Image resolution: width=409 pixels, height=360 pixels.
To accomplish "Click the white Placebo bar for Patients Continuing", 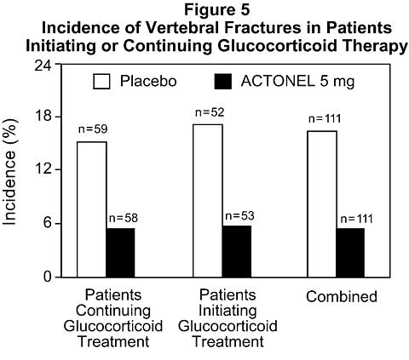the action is coord(92,209).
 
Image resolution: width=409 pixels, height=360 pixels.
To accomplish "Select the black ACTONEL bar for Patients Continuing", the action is coord(120,253).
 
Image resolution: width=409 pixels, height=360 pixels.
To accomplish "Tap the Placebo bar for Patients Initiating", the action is coord(208,201).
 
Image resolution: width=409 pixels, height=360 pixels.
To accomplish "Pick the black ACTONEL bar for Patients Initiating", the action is coord(237,252).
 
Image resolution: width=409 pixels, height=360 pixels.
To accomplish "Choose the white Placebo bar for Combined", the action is coord(322,204).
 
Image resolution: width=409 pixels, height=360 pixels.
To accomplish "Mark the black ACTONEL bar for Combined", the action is coord(350,253).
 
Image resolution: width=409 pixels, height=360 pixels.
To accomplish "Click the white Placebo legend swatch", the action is coord(101,82).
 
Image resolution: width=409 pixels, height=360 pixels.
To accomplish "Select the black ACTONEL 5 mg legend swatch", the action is coord(223,82).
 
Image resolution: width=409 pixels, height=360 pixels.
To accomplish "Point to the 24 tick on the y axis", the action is coord(43,66).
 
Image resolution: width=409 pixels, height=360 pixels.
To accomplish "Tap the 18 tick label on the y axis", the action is coord(43,117).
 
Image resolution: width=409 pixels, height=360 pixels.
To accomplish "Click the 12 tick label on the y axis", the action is coord(43,169).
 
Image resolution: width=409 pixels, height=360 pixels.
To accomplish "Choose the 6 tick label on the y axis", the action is coord(48,223).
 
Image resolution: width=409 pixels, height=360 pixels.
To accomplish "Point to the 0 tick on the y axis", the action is coord(48,277).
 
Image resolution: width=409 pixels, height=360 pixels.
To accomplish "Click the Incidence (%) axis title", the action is coord(9,172).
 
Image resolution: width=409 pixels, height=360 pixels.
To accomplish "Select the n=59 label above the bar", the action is coord(93,129).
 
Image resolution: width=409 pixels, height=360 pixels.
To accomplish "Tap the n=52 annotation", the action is coord(210,112).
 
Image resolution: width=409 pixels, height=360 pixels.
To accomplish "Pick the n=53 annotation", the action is coord(239,216).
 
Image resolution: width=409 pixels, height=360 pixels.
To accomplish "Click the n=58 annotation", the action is coord(124,218).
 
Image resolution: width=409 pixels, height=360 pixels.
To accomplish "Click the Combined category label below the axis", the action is coord(342,297).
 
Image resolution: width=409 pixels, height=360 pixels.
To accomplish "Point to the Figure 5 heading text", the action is coord(217,9).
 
